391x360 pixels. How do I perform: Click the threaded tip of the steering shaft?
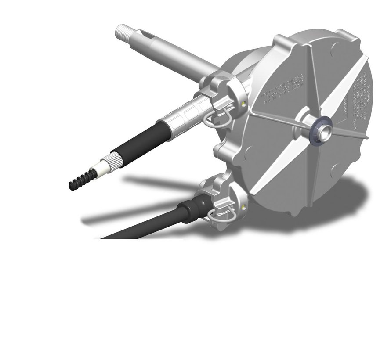click(123, 32)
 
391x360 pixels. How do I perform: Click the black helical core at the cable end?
click(79, 181)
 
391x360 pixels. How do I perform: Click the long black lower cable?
click(141, 226)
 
